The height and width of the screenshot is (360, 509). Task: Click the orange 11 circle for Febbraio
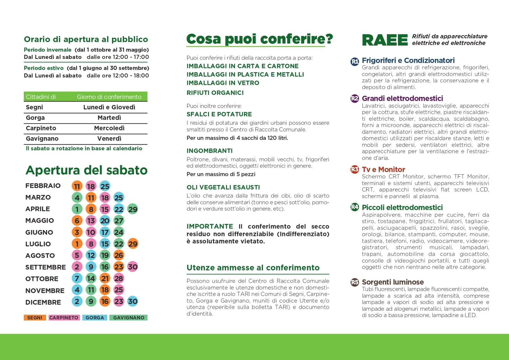77,186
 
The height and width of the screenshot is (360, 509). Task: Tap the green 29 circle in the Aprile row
133,209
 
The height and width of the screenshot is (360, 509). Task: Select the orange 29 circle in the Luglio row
133,244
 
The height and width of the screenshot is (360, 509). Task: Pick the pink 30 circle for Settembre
133,267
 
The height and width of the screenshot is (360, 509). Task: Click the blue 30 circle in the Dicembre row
133,301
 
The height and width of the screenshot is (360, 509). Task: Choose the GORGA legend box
95,318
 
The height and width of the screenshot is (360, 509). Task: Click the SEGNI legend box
35,318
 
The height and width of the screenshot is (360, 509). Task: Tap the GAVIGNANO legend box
129,318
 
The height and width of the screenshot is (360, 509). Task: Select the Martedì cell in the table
109,118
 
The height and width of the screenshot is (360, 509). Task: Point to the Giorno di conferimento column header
109,97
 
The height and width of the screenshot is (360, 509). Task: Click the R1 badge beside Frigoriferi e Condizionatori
355,61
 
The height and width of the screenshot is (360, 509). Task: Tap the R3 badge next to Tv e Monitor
355,170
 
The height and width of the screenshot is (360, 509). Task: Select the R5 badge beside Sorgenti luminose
355,282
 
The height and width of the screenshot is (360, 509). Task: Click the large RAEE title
385,40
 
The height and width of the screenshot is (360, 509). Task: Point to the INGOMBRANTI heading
210,151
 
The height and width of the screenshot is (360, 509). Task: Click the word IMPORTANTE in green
210,226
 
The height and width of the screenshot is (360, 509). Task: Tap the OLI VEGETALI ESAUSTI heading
223,187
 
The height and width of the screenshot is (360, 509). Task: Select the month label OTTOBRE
42,279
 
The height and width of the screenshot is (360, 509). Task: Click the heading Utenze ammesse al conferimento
253,268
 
